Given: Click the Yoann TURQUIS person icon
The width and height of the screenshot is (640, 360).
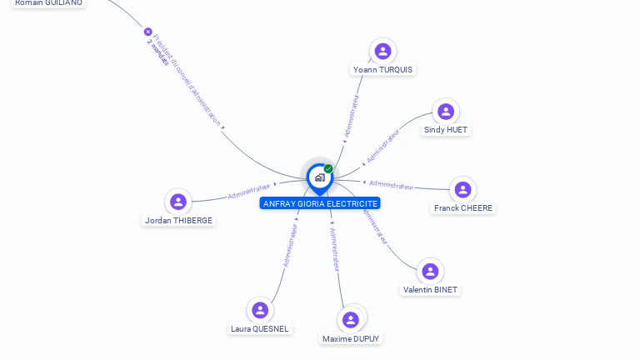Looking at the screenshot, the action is (x=382, y=52).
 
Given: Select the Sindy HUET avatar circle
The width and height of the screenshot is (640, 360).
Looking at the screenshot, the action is (x=446, y=112).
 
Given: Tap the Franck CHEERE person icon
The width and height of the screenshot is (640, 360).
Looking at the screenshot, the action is (x=463, y=190).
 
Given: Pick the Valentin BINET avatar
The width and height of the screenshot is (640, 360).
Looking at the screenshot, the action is (x=430, y=272).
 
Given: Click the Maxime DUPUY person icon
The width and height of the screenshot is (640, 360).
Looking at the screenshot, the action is (x=351, y=320).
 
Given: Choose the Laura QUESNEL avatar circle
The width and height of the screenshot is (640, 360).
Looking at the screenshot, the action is (x=260, y=310).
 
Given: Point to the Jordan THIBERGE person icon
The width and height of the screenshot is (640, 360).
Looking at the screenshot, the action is (x=178, y=202).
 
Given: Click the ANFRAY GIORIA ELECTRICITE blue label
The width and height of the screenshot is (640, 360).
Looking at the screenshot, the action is (x=320, y=203).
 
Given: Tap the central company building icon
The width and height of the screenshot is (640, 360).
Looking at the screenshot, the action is (x=319, y=177).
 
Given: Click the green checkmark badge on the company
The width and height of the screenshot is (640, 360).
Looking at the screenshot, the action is (x=328, y=169).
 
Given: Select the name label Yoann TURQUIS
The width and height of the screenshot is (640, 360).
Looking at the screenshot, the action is (x=382, y=70).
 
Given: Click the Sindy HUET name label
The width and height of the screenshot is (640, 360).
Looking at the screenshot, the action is (x=446, y=130).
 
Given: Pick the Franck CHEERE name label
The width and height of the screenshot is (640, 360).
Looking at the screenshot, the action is (x=463, y=208).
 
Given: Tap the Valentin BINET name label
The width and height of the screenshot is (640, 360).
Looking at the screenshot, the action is (x=430, y=290).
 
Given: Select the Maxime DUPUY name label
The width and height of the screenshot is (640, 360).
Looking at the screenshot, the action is (x=352, y=339).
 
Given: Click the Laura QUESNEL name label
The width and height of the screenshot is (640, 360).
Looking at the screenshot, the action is (x=260, y=329).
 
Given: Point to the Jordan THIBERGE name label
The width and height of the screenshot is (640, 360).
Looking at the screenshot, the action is (x=178, y=221).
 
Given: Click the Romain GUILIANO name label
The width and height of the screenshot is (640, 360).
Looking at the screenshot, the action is (x=48, y=3).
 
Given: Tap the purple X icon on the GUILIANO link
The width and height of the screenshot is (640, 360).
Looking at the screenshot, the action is (x=148, y=32).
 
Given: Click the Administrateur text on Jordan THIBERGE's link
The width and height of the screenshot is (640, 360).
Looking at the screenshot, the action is (x=249, y=192).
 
